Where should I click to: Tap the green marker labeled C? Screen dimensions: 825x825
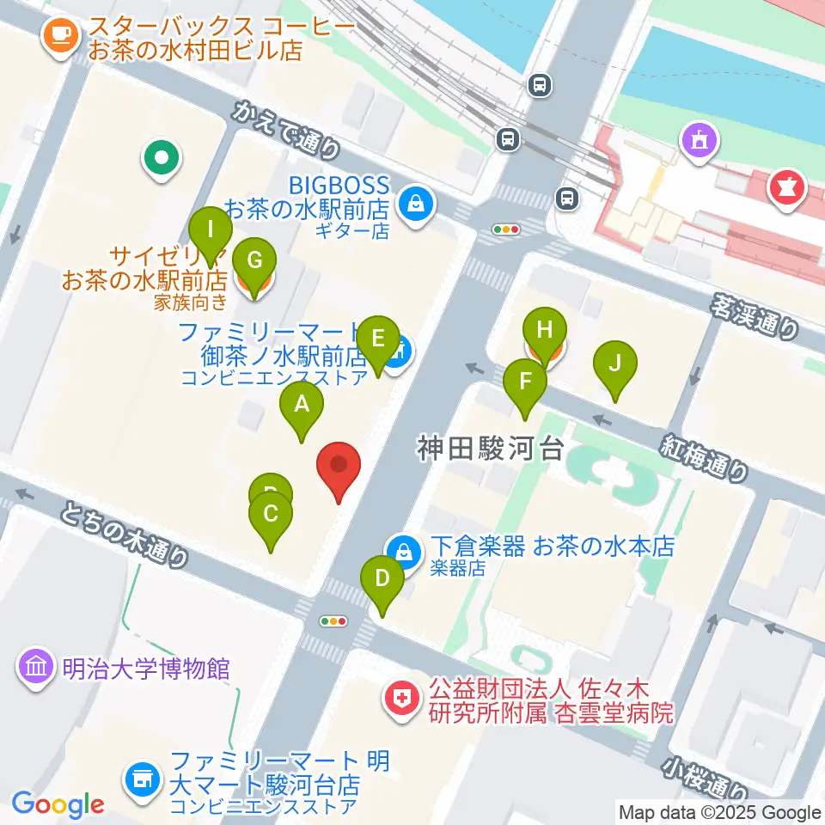[x=271, y=516]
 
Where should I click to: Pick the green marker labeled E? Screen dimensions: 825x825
[x=378, y=338]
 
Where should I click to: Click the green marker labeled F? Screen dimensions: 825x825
[x=525, y=381]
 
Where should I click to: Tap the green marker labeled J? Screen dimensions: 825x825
[x=615, y=363]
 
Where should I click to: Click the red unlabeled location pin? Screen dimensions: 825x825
[x=339, y=466]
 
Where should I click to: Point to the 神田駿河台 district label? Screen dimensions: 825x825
[x=490, y=448]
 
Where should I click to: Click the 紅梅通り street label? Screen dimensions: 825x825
[x=704, y=456]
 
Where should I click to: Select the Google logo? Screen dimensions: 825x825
[x=58, y=804]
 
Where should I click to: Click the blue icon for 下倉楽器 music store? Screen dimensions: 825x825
[x=401, y=547]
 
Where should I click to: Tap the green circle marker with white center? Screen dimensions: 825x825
[x=162, y=157]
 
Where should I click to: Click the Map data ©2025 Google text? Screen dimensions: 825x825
[x=720, y=812]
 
